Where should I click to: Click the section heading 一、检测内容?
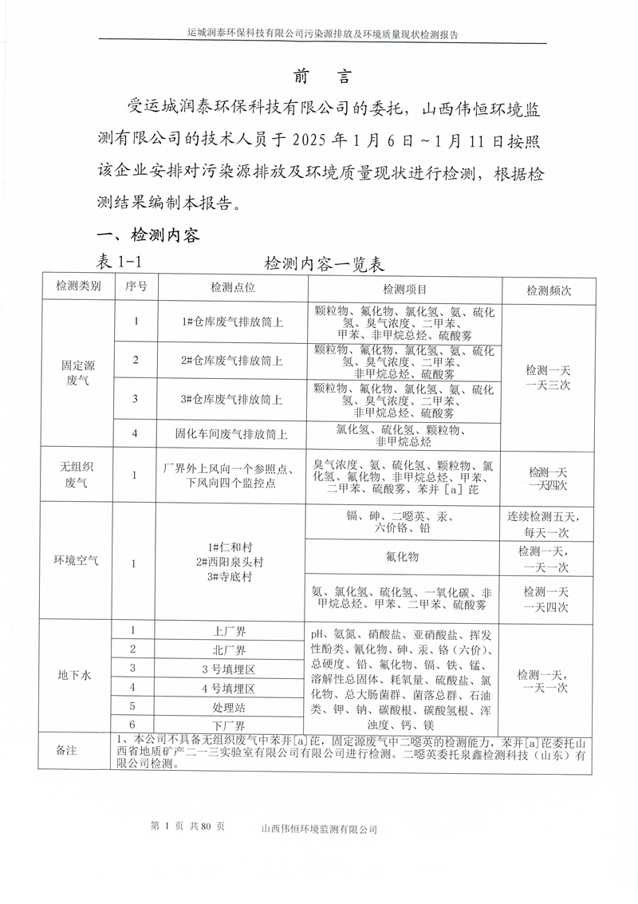tap(148, 235)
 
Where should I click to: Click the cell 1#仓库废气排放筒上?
tap(232, 322)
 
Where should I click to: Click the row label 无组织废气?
tap(78, 474)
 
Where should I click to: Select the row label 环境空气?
tap(78, 561)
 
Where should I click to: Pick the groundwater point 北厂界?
tap(232, 649)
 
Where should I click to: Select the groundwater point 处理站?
tap(232, 706)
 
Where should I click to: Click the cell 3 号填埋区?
tap(232, 669)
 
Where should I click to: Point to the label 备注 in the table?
tap(67, 751)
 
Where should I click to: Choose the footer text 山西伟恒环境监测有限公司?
tap(319, 829)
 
